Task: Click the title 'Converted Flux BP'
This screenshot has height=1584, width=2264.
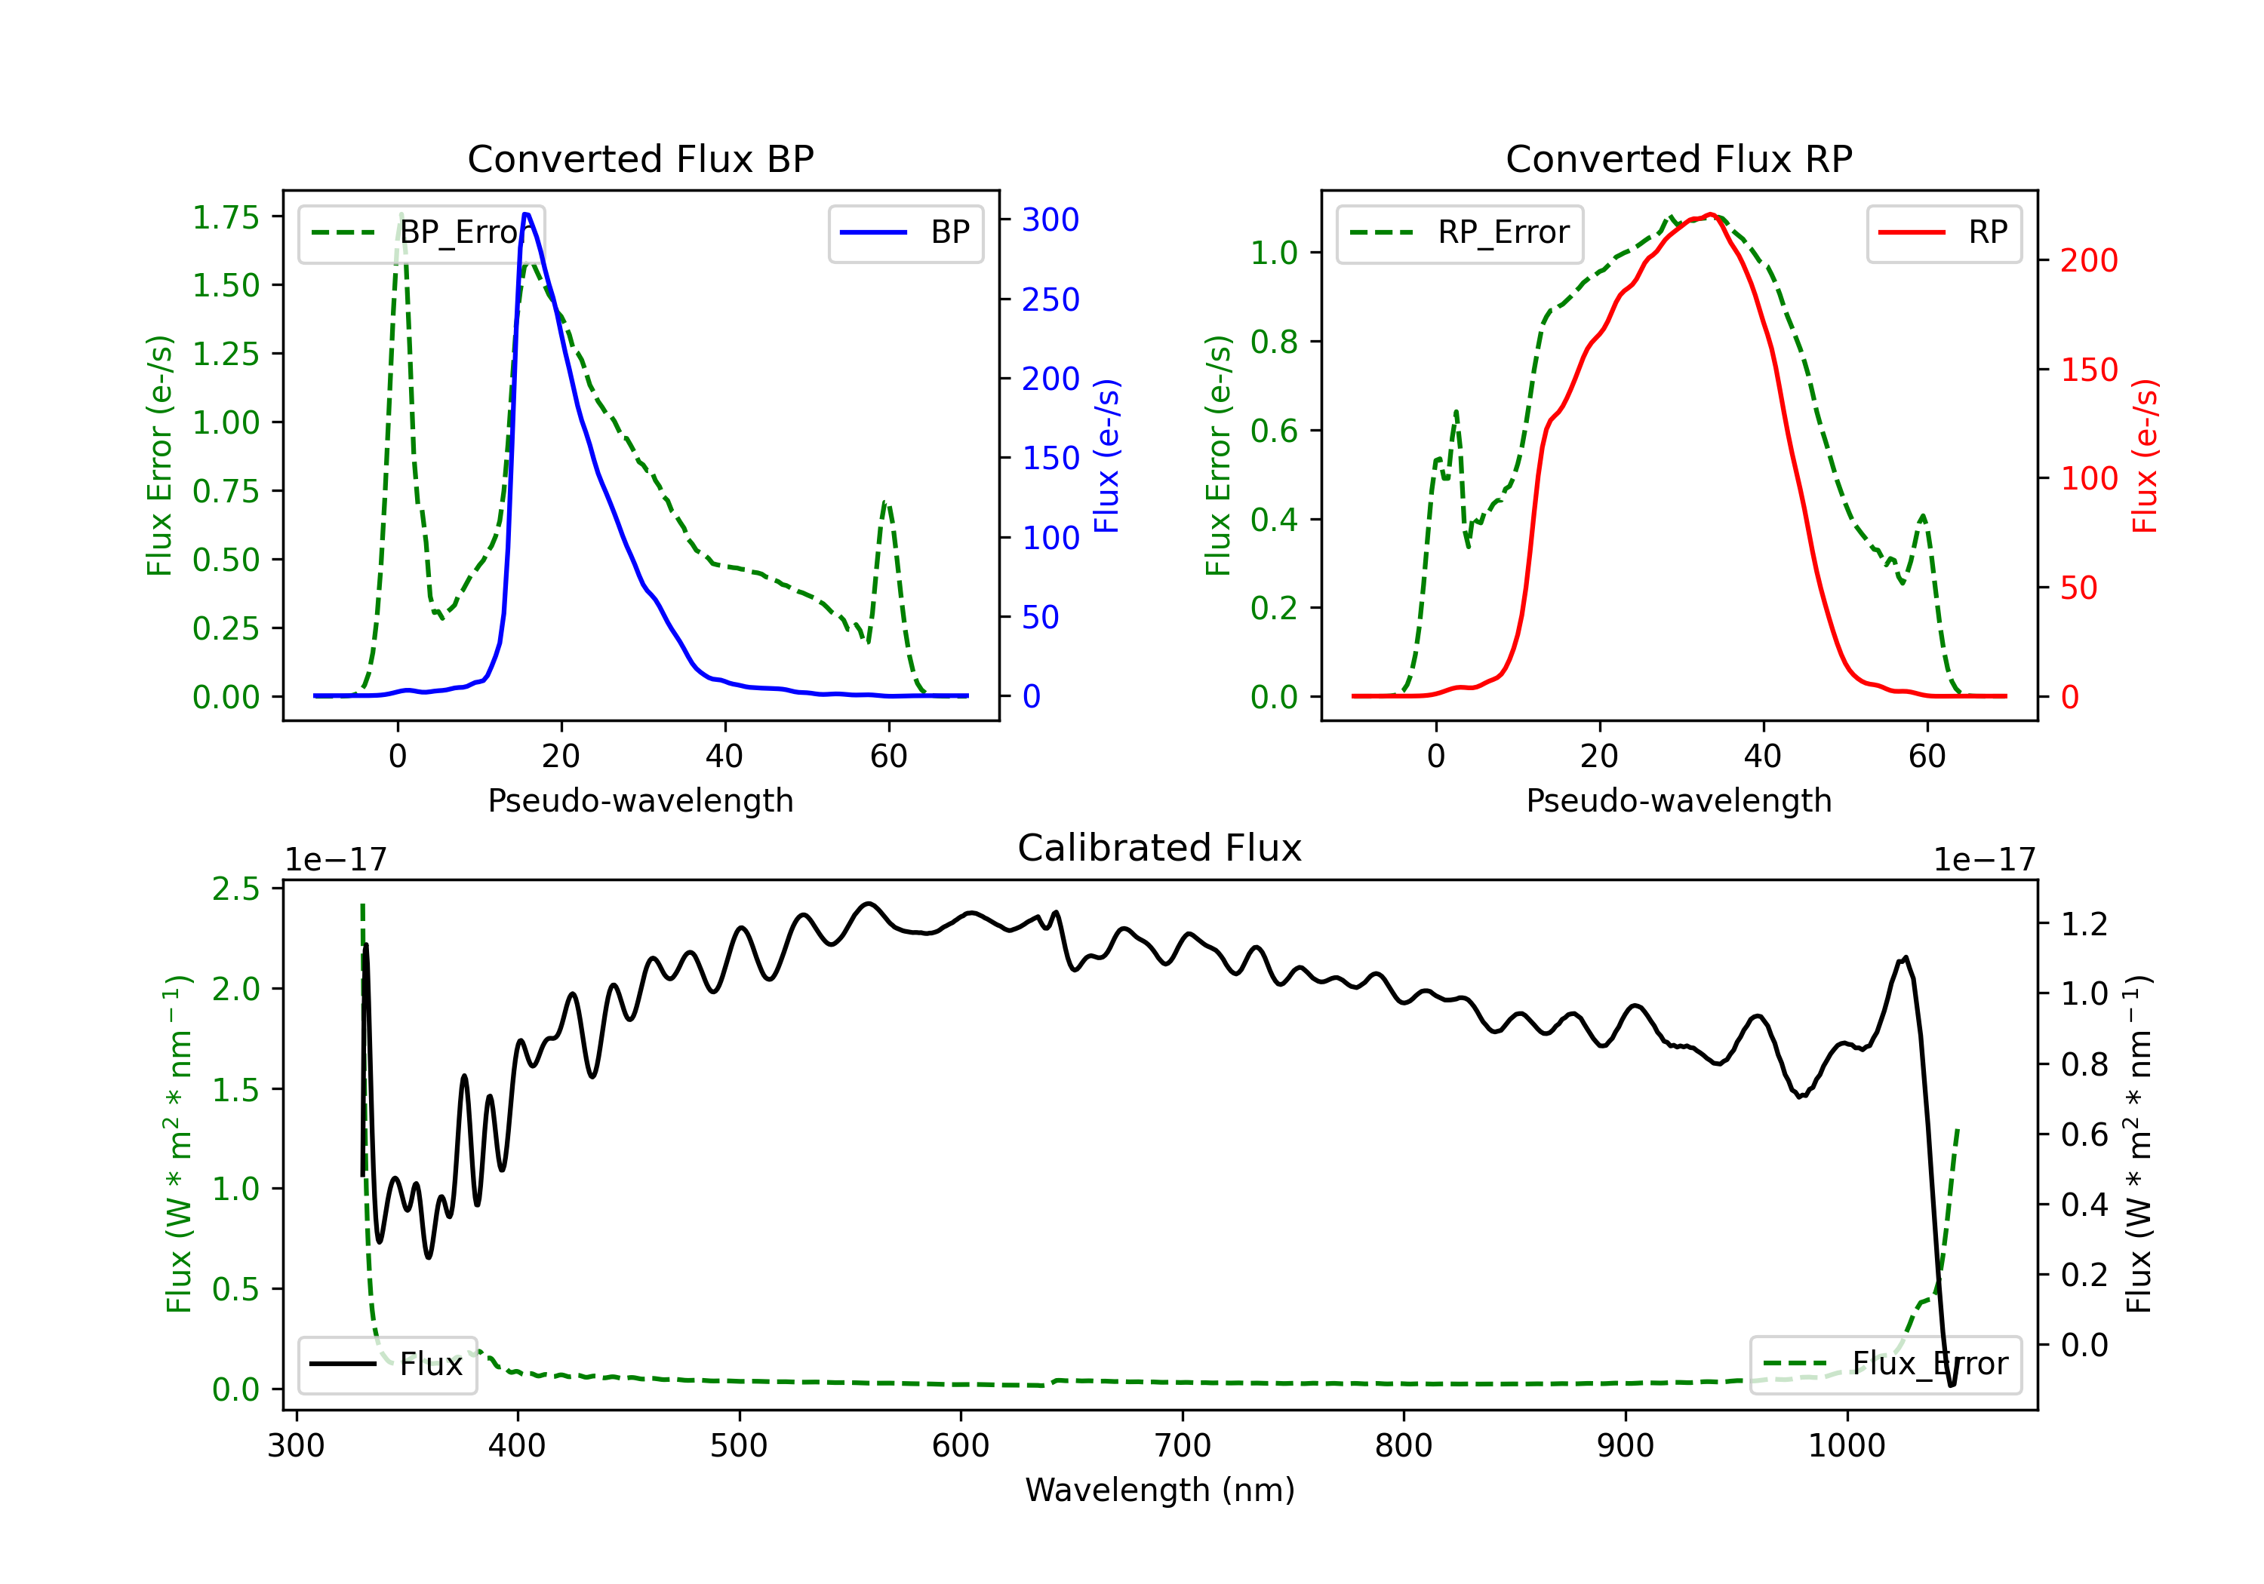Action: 640,158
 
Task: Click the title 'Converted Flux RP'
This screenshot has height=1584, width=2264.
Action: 1678,158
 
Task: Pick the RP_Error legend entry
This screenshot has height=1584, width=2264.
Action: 1460,232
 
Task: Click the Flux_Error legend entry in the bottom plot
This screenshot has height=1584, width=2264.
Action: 1884,1365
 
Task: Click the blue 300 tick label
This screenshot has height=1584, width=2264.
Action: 1050,219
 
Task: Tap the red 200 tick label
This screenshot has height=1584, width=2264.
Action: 2088,260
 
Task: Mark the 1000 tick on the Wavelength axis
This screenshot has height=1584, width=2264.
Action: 1846,1446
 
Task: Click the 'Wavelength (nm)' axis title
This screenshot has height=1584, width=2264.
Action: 1160,1490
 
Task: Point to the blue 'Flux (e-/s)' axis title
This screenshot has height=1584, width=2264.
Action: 1107,456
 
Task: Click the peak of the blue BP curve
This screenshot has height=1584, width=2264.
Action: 527,214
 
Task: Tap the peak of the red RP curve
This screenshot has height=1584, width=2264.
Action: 1710,215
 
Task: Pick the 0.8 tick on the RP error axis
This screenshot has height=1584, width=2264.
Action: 1274,342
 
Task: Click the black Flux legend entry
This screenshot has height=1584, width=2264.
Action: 386,1365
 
